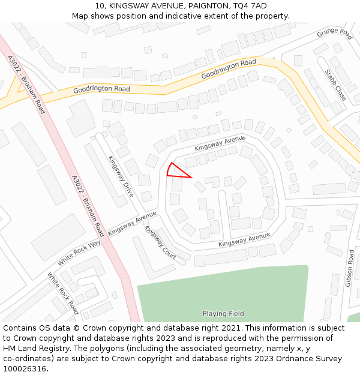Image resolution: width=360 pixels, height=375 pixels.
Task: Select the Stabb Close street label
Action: [x=335, y=85]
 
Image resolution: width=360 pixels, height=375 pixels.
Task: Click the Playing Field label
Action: [x=223, y=314]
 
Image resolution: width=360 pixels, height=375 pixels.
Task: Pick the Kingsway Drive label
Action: [x=121, y=176]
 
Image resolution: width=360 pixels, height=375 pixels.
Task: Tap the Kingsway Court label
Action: [x=160, y=244]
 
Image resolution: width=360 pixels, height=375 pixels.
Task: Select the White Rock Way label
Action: [x=79, y=254]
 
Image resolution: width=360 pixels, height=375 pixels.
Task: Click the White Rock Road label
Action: [x=63, y=293]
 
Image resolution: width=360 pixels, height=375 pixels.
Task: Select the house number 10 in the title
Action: [x=100, y=5]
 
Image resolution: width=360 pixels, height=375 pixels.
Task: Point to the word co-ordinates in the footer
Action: [x=27, y=359]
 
